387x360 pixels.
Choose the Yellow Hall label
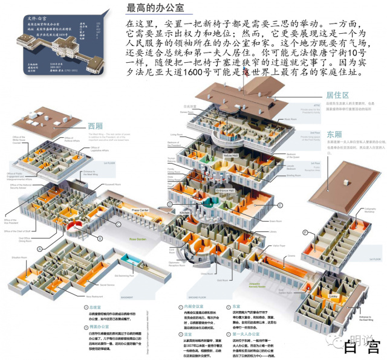[x=230, y=156]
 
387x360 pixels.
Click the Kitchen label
[x=184, y=213]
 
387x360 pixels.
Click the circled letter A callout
[x=41, y=248]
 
